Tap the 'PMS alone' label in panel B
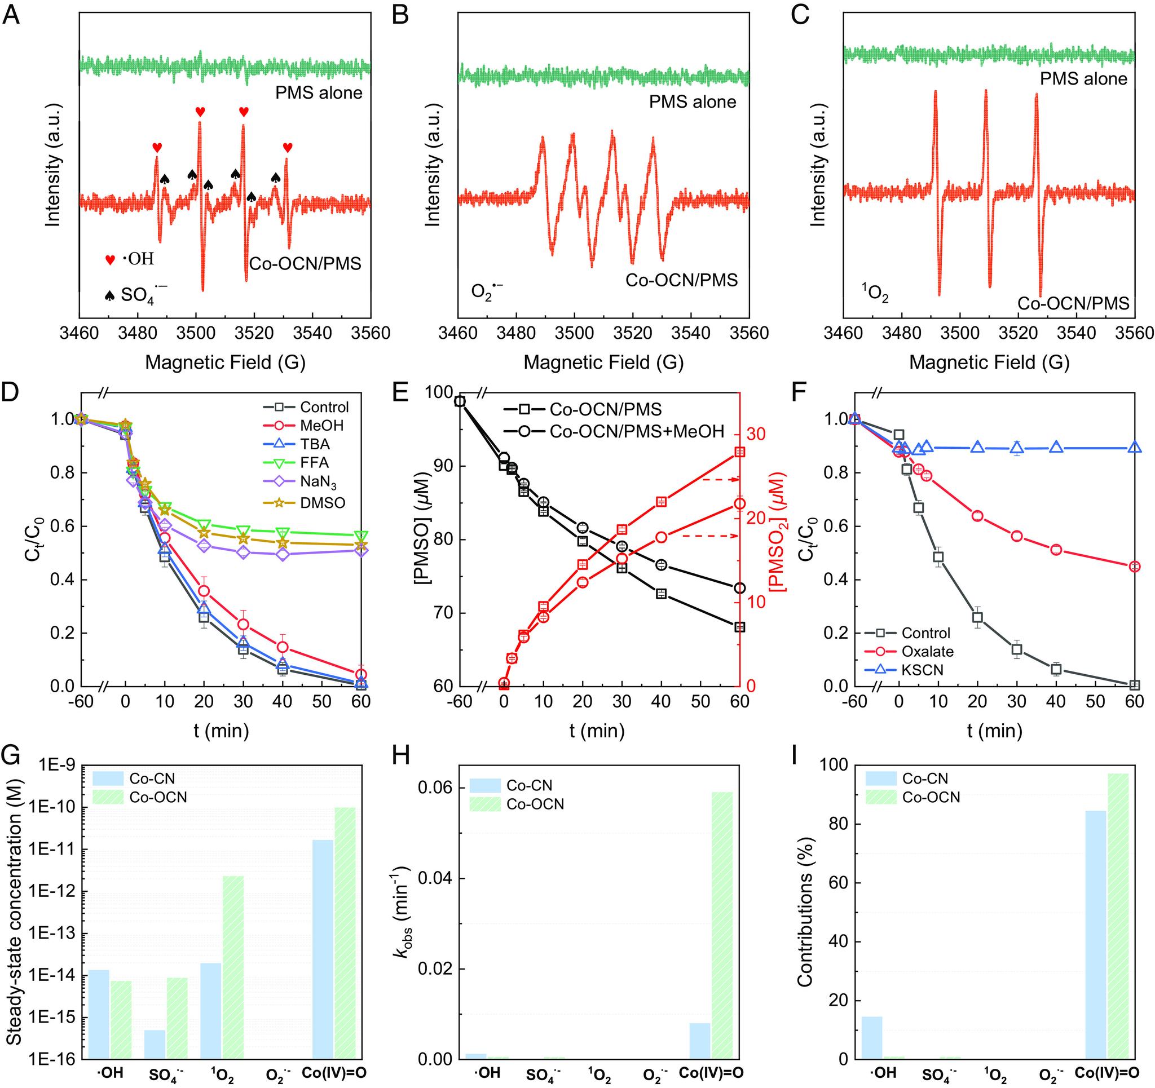point(693,101)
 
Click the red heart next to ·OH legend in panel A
point(109,260)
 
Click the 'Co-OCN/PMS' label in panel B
point(681,280)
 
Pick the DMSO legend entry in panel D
point(323,502)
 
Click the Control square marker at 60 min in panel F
point(1134,685)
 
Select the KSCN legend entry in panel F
point(923,670)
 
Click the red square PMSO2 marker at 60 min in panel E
point(739,452)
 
